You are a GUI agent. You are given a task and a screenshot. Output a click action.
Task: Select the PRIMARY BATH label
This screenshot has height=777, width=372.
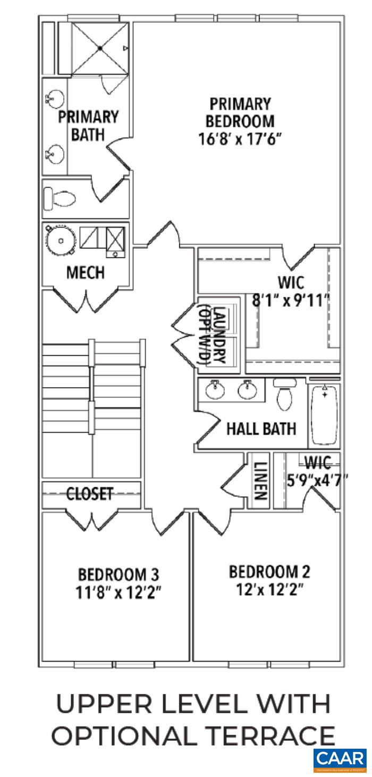coord(88,125)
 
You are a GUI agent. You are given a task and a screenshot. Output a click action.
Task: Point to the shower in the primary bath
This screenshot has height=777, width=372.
coord(100,49)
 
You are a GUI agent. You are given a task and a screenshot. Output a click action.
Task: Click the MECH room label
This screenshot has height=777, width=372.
coord(85,273)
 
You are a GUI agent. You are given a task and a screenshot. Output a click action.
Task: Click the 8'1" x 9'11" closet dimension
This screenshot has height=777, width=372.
coord(290,300)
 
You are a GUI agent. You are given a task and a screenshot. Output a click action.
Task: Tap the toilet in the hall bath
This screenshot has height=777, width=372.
coord(285,394)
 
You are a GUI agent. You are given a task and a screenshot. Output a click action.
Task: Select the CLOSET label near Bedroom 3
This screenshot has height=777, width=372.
coord(89,494)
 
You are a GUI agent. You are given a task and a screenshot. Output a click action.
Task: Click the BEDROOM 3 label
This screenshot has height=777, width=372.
coord(119,574)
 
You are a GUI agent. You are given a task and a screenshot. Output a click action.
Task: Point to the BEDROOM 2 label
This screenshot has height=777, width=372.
coord(269,572)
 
